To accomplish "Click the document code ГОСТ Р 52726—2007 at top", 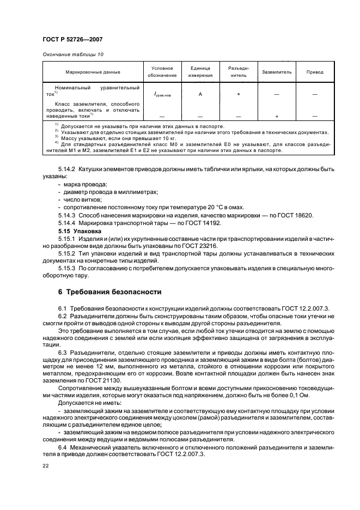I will point(72,40).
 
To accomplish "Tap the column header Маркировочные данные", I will point(93,72).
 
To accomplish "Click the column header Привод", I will point(315,72).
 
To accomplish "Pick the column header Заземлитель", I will point(277,72).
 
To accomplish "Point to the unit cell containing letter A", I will point(200,94).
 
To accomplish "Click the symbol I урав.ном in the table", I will point(162,95).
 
